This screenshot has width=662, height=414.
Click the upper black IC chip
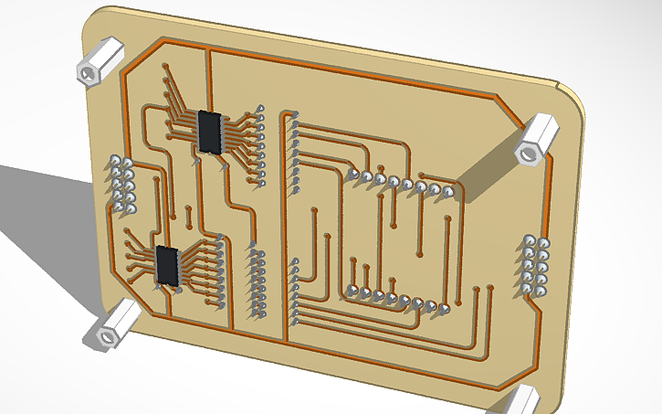210,132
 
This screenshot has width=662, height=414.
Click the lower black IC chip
167,265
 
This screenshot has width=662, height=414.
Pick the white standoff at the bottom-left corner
111,327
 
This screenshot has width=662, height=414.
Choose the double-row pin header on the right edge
535,265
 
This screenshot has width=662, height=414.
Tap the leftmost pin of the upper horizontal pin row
352,174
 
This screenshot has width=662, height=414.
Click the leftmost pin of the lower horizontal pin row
351,292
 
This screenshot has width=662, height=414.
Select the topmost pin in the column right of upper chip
261,110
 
